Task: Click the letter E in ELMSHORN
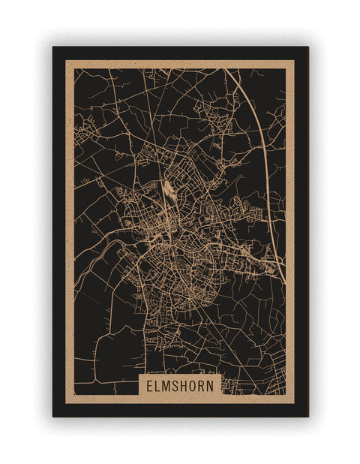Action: (149, 385)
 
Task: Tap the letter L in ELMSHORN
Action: (157, 385)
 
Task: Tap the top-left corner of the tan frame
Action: (66, 61)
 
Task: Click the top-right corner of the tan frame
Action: (295, 61)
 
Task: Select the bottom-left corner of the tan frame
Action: (66, 403)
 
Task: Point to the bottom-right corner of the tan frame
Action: (295, 403)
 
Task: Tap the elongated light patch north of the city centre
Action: (169, 192)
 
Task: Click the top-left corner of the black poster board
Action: (52, 47)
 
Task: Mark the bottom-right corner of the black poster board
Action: (308, 417)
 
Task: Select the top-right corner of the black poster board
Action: (308, 47)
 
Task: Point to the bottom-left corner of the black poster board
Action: (52, 417)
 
